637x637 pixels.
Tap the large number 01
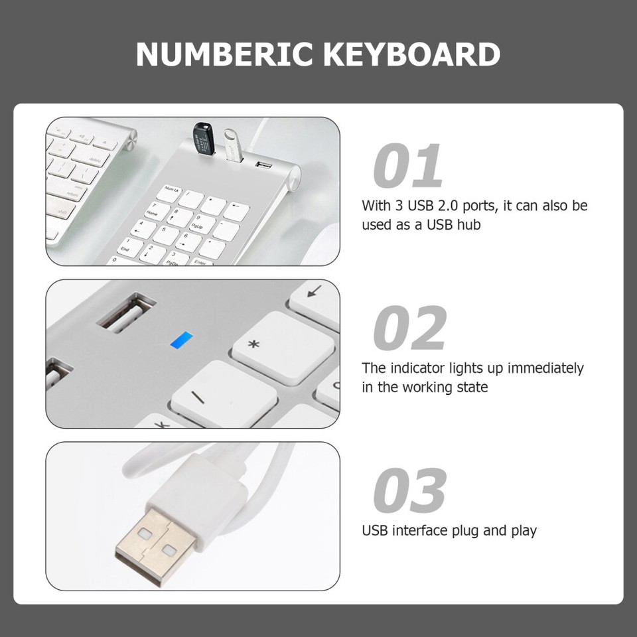(408, 166)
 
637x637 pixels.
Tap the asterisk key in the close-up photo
(281, 345)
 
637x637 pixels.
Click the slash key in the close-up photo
(224, 394)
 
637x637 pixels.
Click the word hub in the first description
(468, 225)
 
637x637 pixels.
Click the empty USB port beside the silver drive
(263, 162)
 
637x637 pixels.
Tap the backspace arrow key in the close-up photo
(315, 293)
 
